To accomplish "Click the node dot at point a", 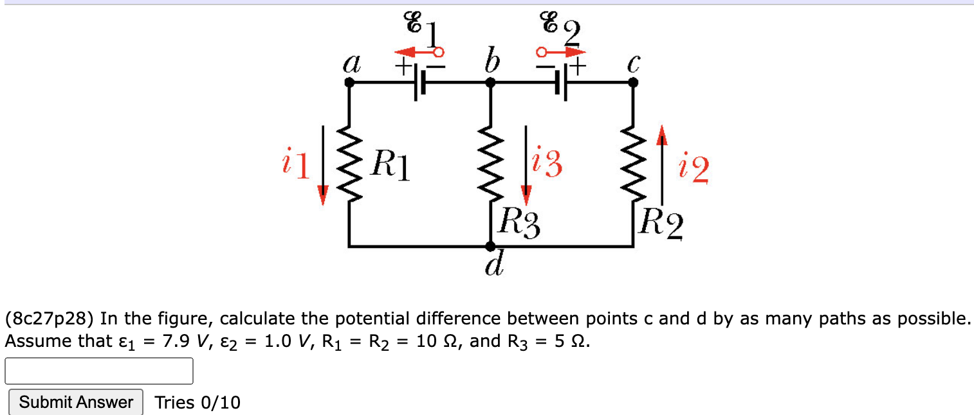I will click(x=349, y=82).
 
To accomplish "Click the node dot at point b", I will click(x=490, y=82).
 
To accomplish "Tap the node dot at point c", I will click(x=633, y=82).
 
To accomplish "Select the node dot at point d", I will click(x=490, y=246).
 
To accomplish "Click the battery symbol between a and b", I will click(x=420, y=83).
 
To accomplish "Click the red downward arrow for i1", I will click(x=324, y=166).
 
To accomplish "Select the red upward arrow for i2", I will click(x=661, y=166).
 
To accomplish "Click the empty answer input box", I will click(x=99, y=371).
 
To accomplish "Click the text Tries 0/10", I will click(x=198, y=403).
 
